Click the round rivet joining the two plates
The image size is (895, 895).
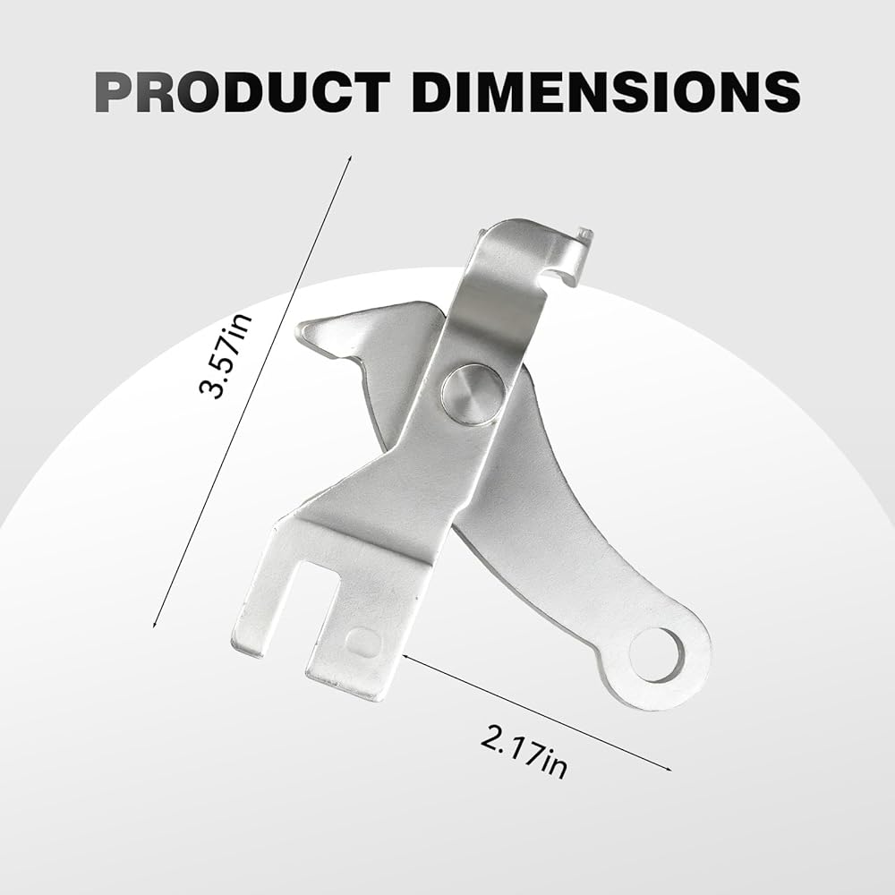(471, 393)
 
